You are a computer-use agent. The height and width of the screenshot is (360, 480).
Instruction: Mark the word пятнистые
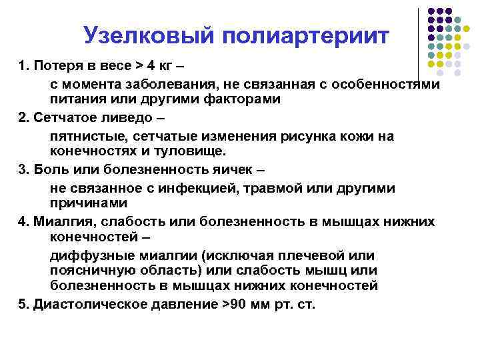[x=85, y=136]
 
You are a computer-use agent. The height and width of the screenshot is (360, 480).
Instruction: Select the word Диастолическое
[x=81, y=305]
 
